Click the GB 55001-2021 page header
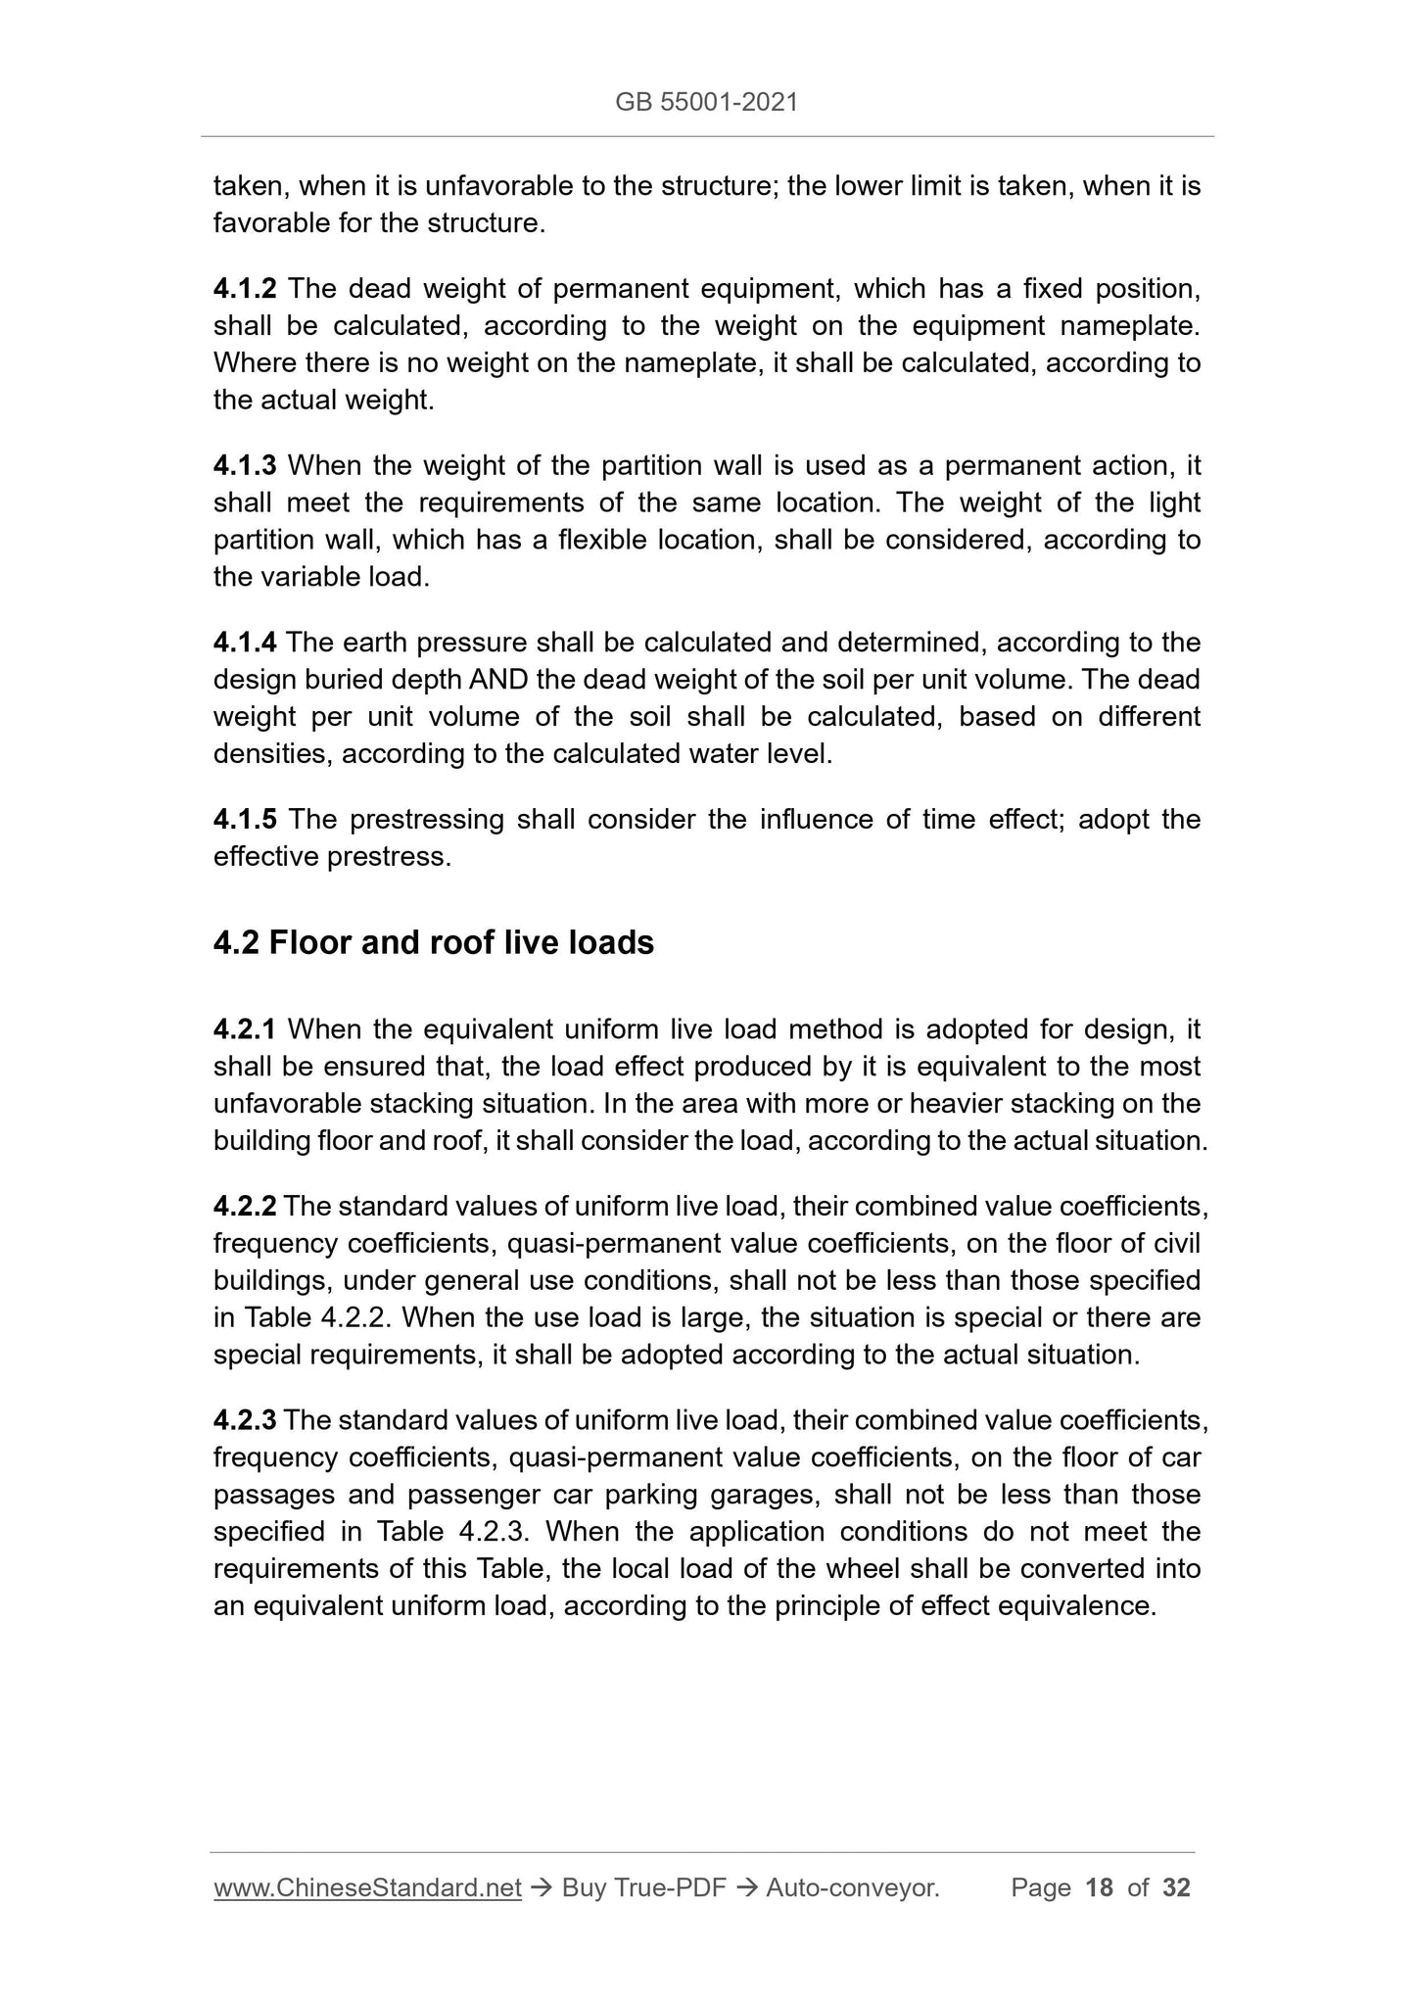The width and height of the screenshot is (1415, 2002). point(706,102)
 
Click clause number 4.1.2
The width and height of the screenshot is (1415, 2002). point(245,289)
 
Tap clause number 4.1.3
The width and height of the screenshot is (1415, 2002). point(245,465)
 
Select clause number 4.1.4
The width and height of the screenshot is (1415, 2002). point(245,643)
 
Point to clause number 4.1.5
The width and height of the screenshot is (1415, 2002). point(245,819)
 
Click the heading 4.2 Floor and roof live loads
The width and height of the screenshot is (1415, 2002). point(434,942)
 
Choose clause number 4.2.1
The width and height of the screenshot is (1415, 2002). point(245,1029)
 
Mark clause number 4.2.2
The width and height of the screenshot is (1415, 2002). point(245,1206)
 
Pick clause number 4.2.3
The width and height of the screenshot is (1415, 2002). point(245,1420)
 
